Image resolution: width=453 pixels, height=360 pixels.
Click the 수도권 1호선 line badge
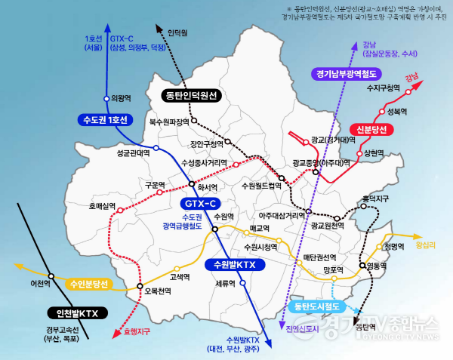(x=106, y=120)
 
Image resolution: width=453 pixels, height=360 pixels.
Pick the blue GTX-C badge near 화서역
(x=200, y=204)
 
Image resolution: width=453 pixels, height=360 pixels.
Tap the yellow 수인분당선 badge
(x=89, y=285)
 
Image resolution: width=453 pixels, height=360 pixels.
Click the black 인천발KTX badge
(x=78, y=312)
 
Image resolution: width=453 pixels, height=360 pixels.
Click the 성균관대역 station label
(x=134, y=152)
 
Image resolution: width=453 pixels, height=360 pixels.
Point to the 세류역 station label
(x=225, y=284)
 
